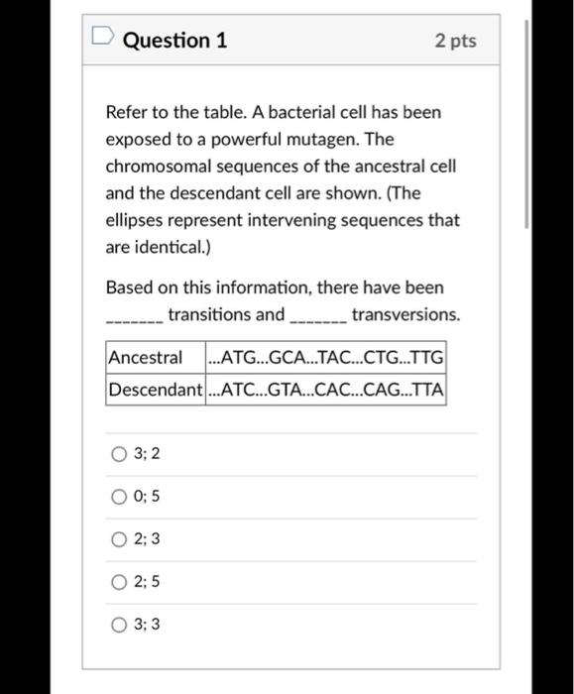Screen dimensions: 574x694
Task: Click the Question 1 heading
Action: tap(175, 41)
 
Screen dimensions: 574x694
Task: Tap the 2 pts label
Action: tap(455, 41)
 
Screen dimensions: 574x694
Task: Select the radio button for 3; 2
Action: tap(118, 454)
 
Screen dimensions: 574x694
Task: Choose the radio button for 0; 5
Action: tap(118, 497)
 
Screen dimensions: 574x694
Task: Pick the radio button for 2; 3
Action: tap(118, 539)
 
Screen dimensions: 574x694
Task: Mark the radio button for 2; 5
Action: tap(118, 582)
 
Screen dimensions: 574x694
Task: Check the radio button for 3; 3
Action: tap(118, 625)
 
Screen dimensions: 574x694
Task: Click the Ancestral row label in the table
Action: tap(146, 357)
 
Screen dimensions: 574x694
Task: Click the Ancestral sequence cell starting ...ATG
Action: tap(325, 357)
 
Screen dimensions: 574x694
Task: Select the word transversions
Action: tap(405, 315)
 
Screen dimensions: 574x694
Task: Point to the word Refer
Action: tap(126, 112)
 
